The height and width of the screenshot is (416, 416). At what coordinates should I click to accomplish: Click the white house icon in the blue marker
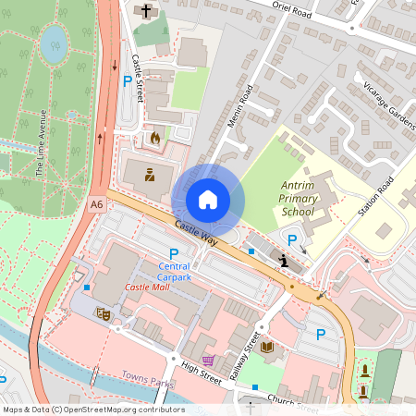pyautogui.click(x=208, y=199)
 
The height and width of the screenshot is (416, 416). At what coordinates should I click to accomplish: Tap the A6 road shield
pyautogui.click(x=97, y=204)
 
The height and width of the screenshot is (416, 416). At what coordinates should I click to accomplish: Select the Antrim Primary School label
pyautogui.click(x=299, y=199)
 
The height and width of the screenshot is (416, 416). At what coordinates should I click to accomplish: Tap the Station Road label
pyautogui.click(x=378, y=194)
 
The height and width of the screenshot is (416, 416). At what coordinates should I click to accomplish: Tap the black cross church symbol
pyautogui.click(x=146, y=11)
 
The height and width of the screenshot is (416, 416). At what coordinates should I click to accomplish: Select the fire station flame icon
pyautogui.click(x=154, y=138)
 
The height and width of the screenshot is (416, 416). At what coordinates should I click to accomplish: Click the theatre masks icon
pyautogui.click(x=104, y=314)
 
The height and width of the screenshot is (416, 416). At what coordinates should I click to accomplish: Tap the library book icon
pyautogui.click(x=267, y=348)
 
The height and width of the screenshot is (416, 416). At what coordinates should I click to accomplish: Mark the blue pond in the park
pyautogui.click(x=55, y=40)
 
